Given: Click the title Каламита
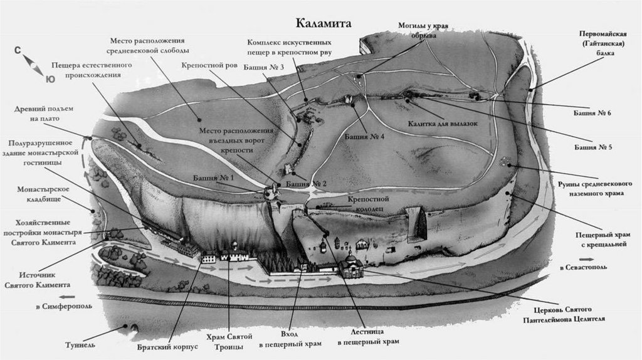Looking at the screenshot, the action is point(324,23).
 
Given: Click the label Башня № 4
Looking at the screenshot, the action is point(359,136).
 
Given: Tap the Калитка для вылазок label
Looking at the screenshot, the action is point(442,124).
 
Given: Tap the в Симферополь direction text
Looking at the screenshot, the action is point(59,306).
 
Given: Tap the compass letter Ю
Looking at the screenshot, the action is point(50,78).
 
